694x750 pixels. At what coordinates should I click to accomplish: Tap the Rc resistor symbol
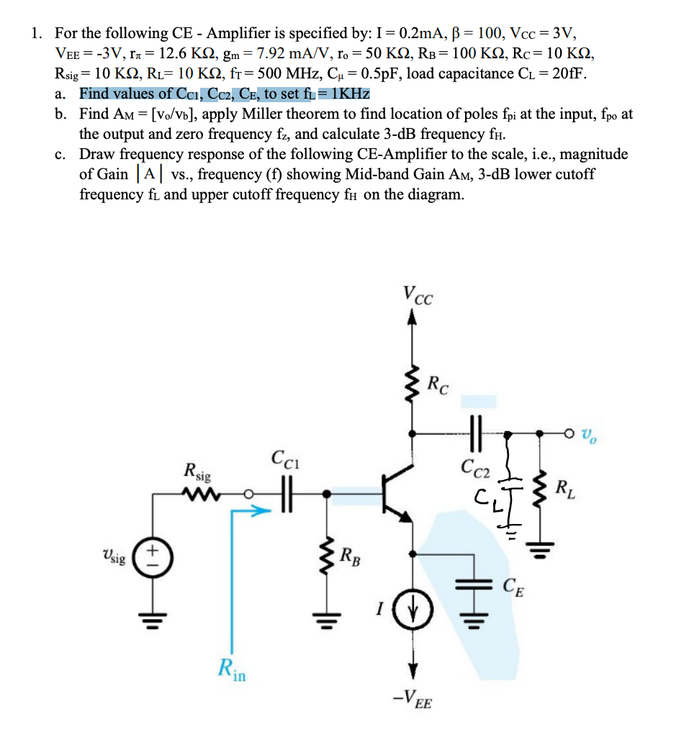(413, 387)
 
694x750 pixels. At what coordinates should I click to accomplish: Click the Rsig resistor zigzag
(197, 494)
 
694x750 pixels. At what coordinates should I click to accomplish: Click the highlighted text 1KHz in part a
(349, 94)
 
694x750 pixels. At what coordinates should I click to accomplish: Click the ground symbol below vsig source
(153, 617)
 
